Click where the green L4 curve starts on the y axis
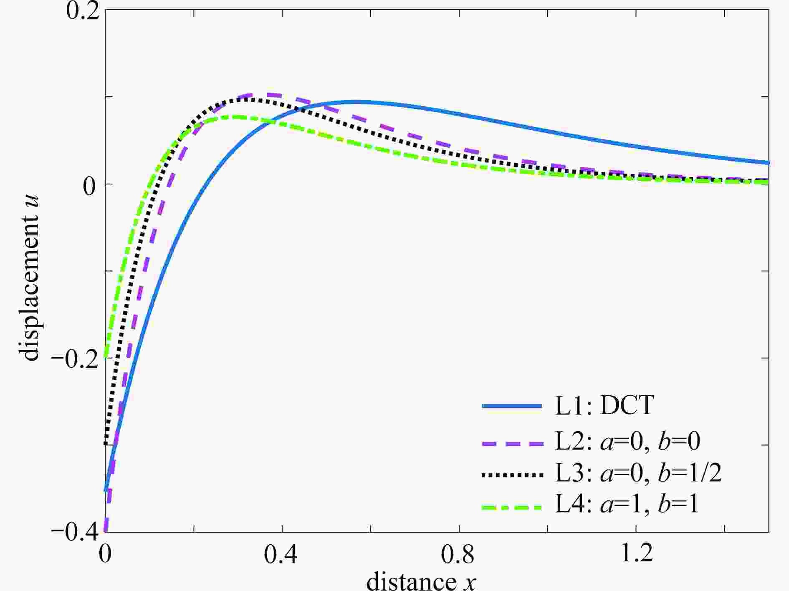click(x=106, y=357)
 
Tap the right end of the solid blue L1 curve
click(x=768, y=163)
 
